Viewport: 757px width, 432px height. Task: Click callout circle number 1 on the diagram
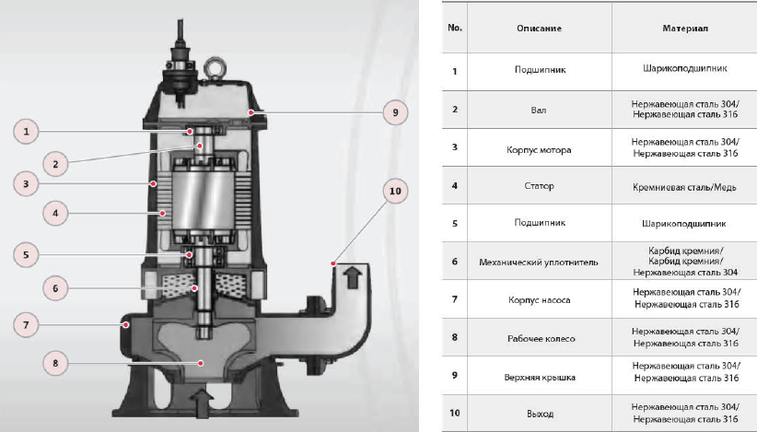click(29, 132)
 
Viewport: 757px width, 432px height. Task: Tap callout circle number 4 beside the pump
click(55, 213)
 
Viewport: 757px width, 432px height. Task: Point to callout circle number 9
click(395, 112)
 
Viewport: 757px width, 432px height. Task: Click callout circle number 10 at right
click(395, 192)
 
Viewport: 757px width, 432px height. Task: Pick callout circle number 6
click(55, 287)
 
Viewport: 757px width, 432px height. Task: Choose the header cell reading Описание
click(539, 28)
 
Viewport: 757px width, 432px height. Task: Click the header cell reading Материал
click(685, 28)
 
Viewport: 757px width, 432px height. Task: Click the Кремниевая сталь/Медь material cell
click(685, 186)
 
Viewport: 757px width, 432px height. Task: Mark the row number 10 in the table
click(455, 413)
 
